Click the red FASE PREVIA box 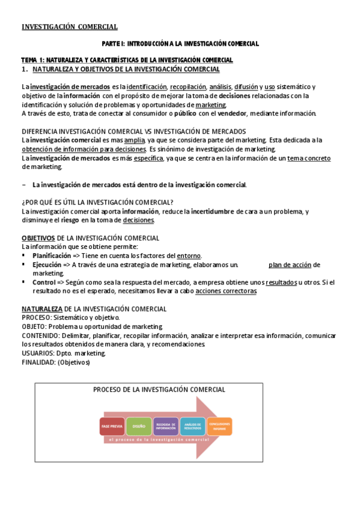[112, 426]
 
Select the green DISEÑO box [139, 426]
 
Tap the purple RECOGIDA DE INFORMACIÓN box [166, 426]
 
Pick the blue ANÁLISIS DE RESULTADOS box [192, 426]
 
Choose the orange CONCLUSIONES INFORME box [219, 426]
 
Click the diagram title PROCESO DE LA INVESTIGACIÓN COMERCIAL [159, 390]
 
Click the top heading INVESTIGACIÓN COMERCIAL [70, 26]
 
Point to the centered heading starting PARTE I [180, 44]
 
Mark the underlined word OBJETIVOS [38, 238]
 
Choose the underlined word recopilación [187, 87]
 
